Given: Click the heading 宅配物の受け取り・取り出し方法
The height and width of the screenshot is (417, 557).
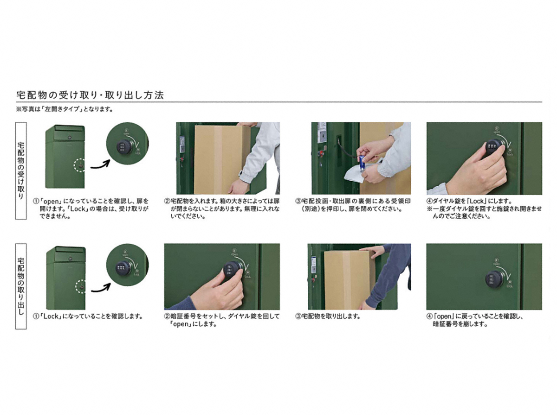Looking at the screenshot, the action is pos(90,95).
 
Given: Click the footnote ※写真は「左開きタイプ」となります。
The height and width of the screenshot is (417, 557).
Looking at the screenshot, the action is pos(65,109).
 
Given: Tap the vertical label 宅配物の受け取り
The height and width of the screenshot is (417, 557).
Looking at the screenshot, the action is pos(21,171).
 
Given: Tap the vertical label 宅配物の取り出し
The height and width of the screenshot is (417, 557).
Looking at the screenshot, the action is pos(21,286).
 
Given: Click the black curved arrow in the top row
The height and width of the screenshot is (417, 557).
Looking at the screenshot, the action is pos(100,164).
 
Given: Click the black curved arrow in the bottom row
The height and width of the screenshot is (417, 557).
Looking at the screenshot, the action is pos(101,288).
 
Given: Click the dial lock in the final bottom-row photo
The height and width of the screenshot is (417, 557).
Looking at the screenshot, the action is pos(494,280).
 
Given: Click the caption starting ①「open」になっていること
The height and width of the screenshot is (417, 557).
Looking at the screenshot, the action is pos(91,208).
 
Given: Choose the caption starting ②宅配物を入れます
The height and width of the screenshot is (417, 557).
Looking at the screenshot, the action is pos(222,208).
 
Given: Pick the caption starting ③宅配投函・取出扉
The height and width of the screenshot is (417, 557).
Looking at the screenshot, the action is pos(353,205).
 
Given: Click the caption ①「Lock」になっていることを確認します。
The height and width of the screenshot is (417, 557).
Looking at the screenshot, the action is pos(88,316).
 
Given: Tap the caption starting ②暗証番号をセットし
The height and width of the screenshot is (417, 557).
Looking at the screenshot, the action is pos(222,320).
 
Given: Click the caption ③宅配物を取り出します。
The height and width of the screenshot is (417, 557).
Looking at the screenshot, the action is pos(328,316).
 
